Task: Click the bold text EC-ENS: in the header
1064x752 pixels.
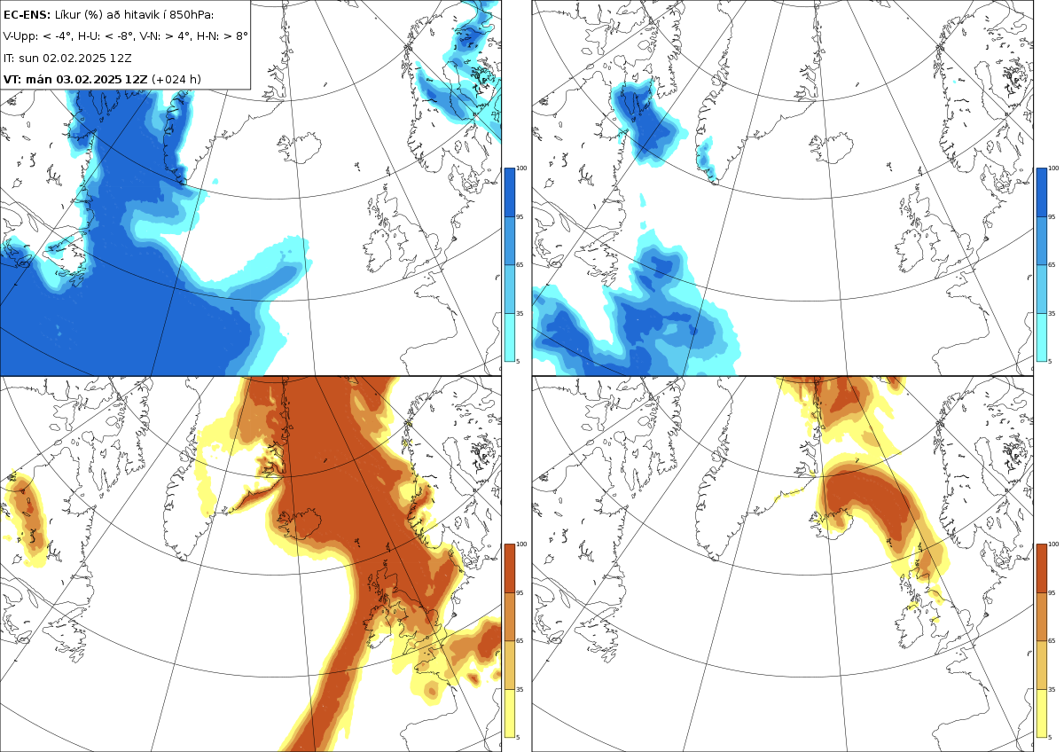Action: pos(27,15)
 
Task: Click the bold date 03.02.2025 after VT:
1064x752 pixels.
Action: pos(90,79)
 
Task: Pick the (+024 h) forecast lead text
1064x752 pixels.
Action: pos(176,79)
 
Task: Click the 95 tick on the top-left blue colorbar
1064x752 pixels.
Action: pos(520,217)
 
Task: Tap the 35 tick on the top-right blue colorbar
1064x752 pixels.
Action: pos(1052,314)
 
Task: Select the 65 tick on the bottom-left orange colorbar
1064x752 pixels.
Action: pos(520,641)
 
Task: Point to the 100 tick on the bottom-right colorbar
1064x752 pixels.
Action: pos(1053,544)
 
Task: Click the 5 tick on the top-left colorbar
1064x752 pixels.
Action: pos(518,362)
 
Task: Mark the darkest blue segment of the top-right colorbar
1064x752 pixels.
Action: pos(1041,192)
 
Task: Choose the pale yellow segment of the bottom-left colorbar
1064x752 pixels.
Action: pos(509,714)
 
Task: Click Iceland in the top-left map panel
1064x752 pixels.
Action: pos(301,148)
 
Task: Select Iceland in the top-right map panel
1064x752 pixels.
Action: pos(833,148)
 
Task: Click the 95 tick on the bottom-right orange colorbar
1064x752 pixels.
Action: pos(1052,593)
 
